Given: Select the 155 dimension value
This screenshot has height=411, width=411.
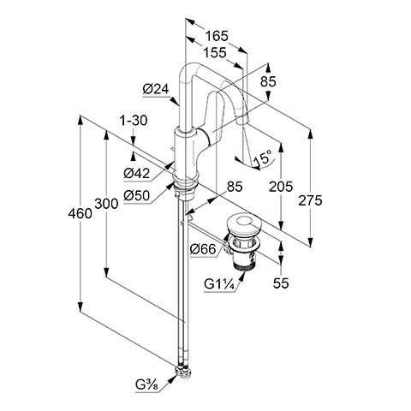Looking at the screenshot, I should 216,52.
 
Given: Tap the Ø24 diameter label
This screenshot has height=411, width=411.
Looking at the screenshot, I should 155,88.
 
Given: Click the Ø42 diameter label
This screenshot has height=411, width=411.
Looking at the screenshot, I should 137,173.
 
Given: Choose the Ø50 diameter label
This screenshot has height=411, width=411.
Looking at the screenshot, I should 137,195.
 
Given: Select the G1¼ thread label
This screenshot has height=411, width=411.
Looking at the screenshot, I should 219,284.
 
